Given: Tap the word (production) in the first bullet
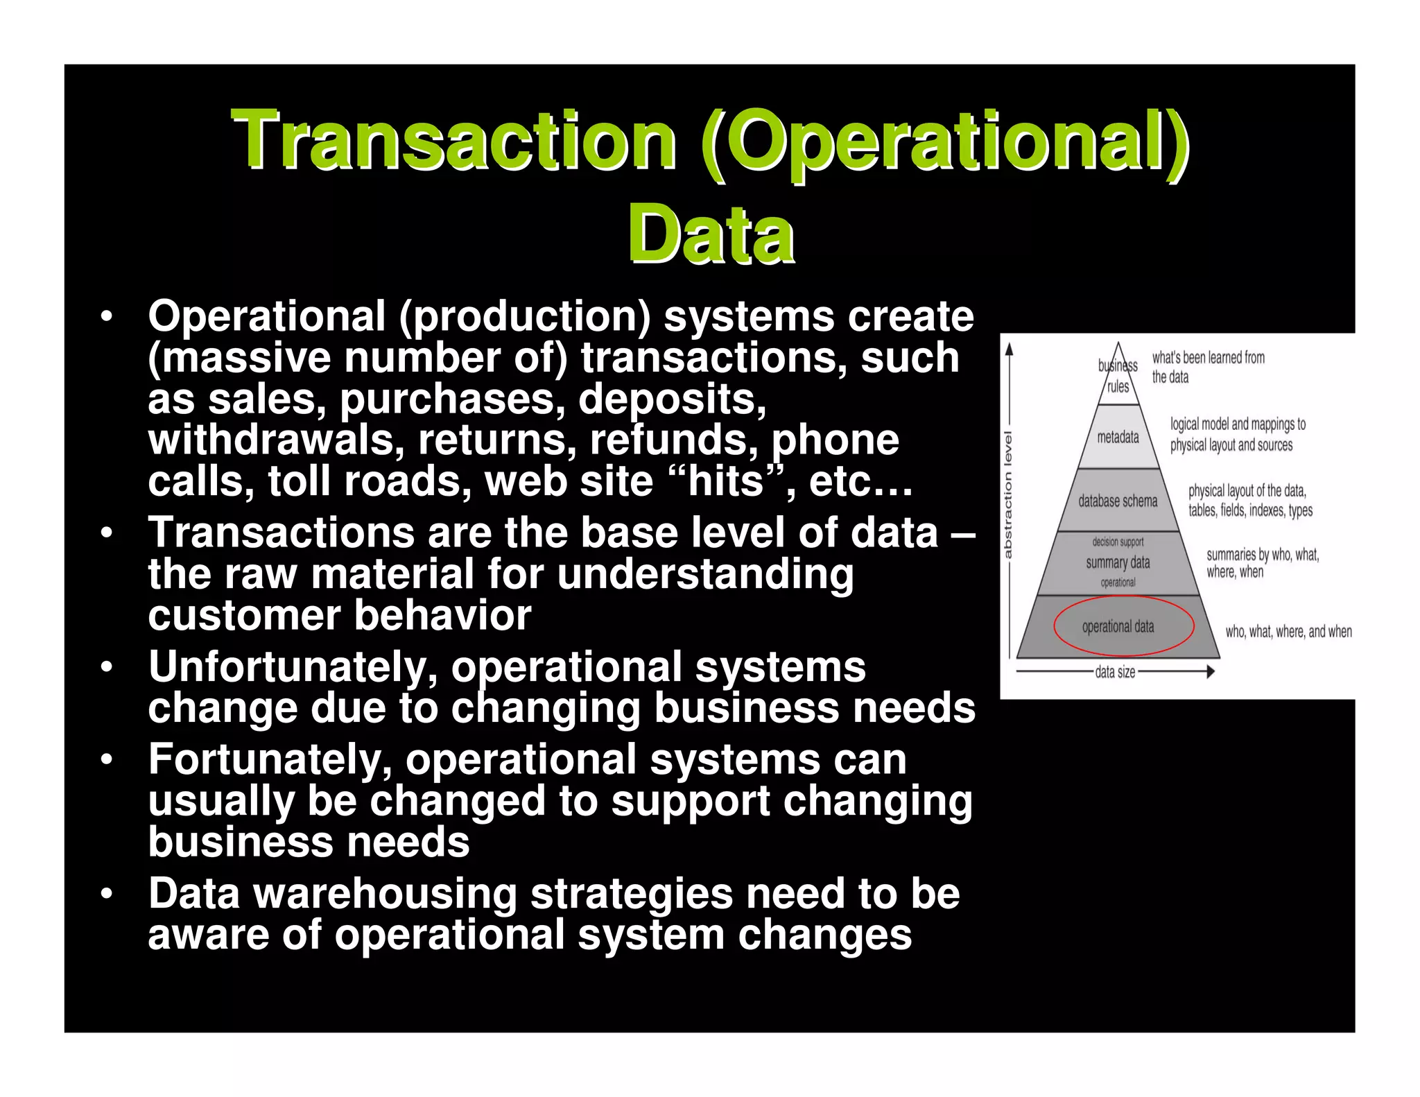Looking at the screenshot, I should [x=525, y=316].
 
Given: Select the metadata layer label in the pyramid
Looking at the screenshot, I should [x=1118, y=437].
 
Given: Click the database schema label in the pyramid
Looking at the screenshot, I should [x=1118, y=501].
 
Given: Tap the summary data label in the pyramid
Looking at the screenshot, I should [x=1118, y=562].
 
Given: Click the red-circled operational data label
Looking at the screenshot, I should [x=1118, y=626].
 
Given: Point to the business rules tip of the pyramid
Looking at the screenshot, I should [x=1118, y=375].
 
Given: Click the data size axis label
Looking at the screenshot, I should [x=1115, y=671].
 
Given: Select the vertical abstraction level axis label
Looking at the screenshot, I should [x=1009, y=494].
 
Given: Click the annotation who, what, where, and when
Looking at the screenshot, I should [x=1288, y=631].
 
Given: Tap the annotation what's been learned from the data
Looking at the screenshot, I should [x=1208, y=367].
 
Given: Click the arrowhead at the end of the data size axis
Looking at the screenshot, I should [x=1211, y=671].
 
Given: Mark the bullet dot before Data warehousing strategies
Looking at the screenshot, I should [x=106, y=893].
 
